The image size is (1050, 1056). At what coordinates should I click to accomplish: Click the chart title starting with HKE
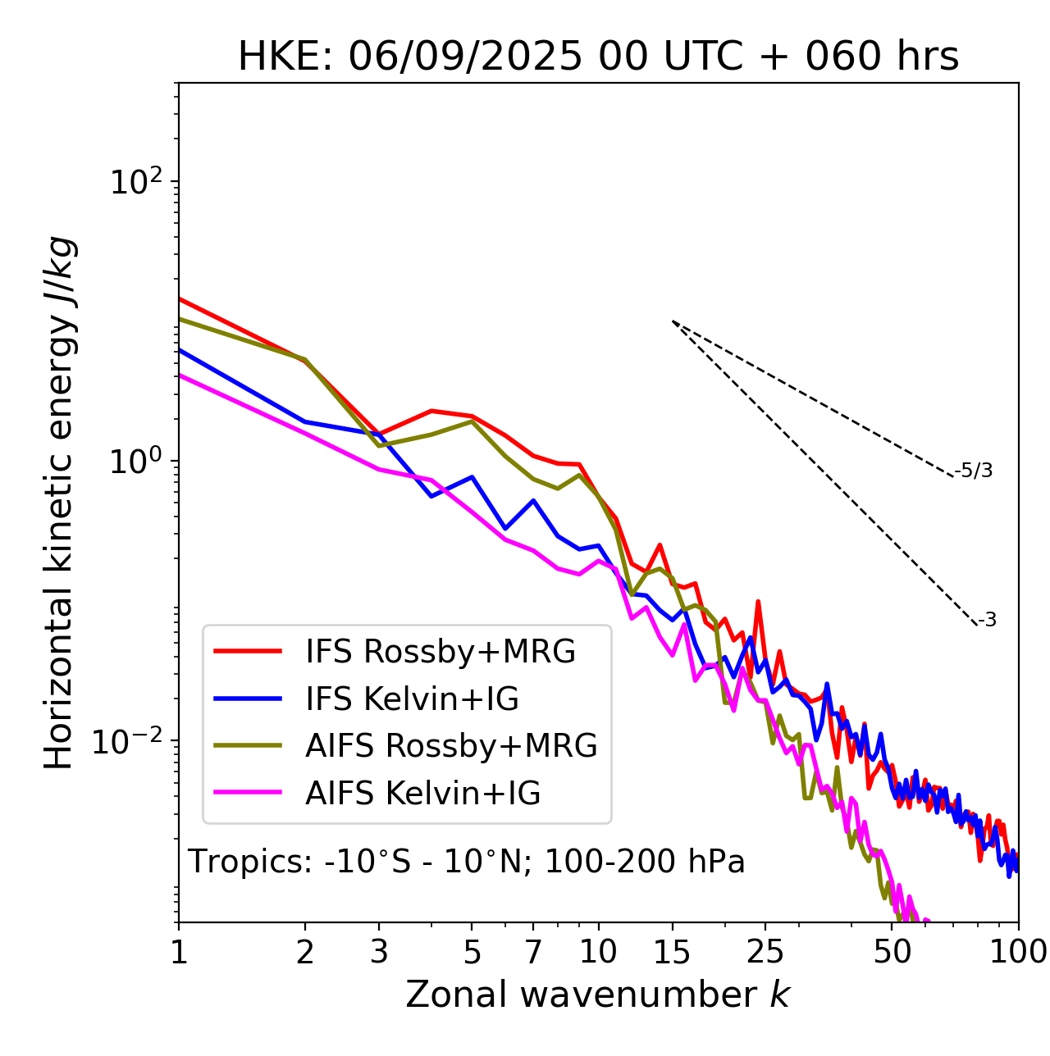coord(598,57)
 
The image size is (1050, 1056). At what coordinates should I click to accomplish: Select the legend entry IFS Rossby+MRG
coord(440,651)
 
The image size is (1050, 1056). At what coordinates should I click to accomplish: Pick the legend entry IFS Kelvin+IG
coord(412,699)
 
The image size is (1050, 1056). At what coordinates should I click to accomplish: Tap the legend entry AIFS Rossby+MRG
coord(450,745)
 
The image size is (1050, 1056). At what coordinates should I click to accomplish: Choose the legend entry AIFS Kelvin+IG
coord(422,793)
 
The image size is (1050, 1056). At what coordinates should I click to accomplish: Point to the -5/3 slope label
coord(974,471)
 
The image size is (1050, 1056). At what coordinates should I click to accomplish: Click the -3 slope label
coord(988,620)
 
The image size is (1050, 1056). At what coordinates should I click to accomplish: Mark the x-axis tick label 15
coord(672,952)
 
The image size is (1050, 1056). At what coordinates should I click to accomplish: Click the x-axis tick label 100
coord(1018,952)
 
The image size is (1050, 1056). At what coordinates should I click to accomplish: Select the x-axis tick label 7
coord(533,952)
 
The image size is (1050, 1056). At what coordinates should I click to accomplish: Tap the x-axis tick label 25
coord(765,952)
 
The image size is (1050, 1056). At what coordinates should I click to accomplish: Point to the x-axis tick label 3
coord(379,952)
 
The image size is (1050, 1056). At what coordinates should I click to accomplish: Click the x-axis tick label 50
coord(892,952)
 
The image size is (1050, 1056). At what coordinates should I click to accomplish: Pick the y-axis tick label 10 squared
coord(135,181)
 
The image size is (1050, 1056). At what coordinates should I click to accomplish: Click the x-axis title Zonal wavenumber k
coord(598,995)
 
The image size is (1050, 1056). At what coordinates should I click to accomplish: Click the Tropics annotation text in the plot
coord(466,862)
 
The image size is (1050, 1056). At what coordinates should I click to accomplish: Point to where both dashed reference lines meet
coord(673,321)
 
